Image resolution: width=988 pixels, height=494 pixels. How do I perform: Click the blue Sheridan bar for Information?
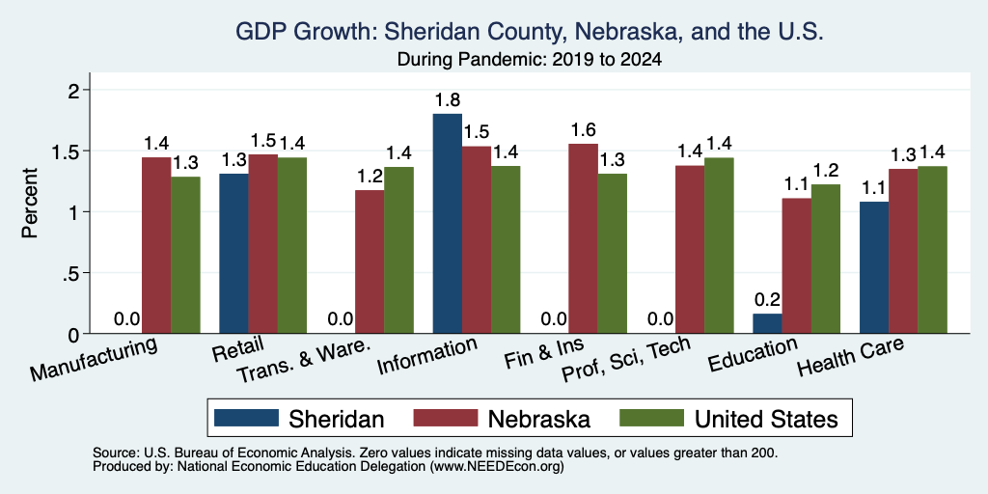tap(448, 223)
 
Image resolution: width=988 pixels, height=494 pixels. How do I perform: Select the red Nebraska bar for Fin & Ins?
tap(584, 238)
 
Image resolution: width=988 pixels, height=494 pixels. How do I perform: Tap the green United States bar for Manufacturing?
tap(185, 255)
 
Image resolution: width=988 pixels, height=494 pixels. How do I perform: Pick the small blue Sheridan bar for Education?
tap(767, 323)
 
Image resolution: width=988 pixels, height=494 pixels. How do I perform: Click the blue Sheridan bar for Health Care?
tap(874, 267)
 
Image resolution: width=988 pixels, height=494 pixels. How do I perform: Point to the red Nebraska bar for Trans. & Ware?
tap(370, 261)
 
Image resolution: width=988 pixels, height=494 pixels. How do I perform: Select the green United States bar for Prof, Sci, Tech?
tap(719, 245)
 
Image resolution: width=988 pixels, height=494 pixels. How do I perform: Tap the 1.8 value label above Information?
tap(448, 100)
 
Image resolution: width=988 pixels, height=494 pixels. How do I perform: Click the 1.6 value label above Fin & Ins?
tap(584, 130)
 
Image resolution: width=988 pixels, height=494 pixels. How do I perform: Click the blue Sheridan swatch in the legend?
tap(246, 418)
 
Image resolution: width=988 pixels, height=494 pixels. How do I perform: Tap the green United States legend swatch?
tap(652, 418)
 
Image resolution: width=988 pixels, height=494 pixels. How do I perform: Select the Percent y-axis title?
tap(30, 203)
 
